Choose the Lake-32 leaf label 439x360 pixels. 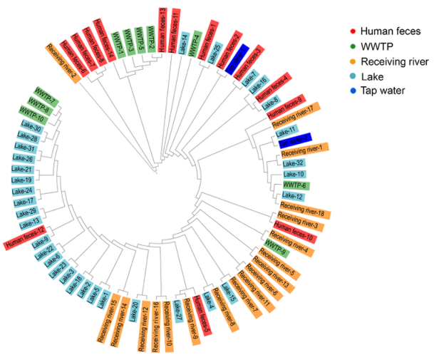coord(294,163)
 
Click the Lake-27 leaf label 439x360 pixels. coord(178,312)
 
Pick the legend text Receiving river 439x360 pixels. coord(394,61)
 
